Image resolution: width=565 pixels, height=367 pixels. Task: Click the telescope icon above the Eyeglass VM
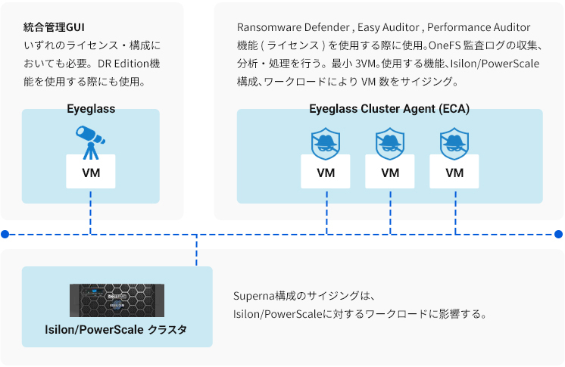(90, 142)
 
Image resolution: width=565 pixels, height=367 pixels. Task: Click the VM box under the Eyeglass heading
(91, 172)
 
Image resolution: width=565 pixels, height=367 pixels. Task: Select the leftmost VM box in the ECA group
(326, 172)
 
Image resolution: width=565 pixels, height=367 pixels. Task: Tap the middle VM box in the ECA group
(390, 172)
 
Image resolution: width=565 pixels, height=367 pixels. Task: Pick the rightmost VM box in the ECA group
(454, 172)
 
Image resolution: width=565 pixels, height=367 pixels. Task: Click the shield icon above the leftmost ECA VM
(326, 143)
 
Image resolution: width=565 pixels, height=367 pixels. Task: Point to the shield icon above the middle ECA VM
(390, 143)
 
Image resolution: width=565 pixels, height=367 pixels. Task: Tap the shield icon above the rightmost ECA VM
(454, 143)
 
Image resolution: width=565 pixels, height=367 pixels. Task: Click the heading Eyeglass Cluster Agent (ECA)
(389, 109)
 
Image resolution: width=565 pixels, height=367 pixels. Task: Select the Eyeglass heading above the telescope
(91, 109)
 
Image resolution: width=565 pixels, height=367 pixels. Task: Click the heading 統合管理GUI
(54, 27)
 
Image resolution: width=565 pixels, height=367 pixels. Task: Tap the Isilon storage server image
(117, 300)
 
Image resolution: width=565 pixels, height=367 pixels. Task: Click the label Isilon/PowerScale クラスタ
(116, 330)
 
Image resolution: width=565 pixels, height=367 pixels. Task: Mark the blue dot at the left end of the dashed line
(5, 235)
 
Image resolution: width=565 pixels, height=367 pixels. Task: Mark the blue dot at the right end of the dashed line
(558, 235)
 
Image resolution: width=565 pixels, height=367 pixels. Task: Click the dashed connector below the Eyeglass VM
(90, 213)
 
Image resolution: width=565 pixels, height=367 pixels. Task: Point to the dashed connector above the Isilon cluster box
(196, 250)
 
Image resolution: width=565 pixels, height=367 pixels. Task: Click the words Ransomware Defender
(293, 27)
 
